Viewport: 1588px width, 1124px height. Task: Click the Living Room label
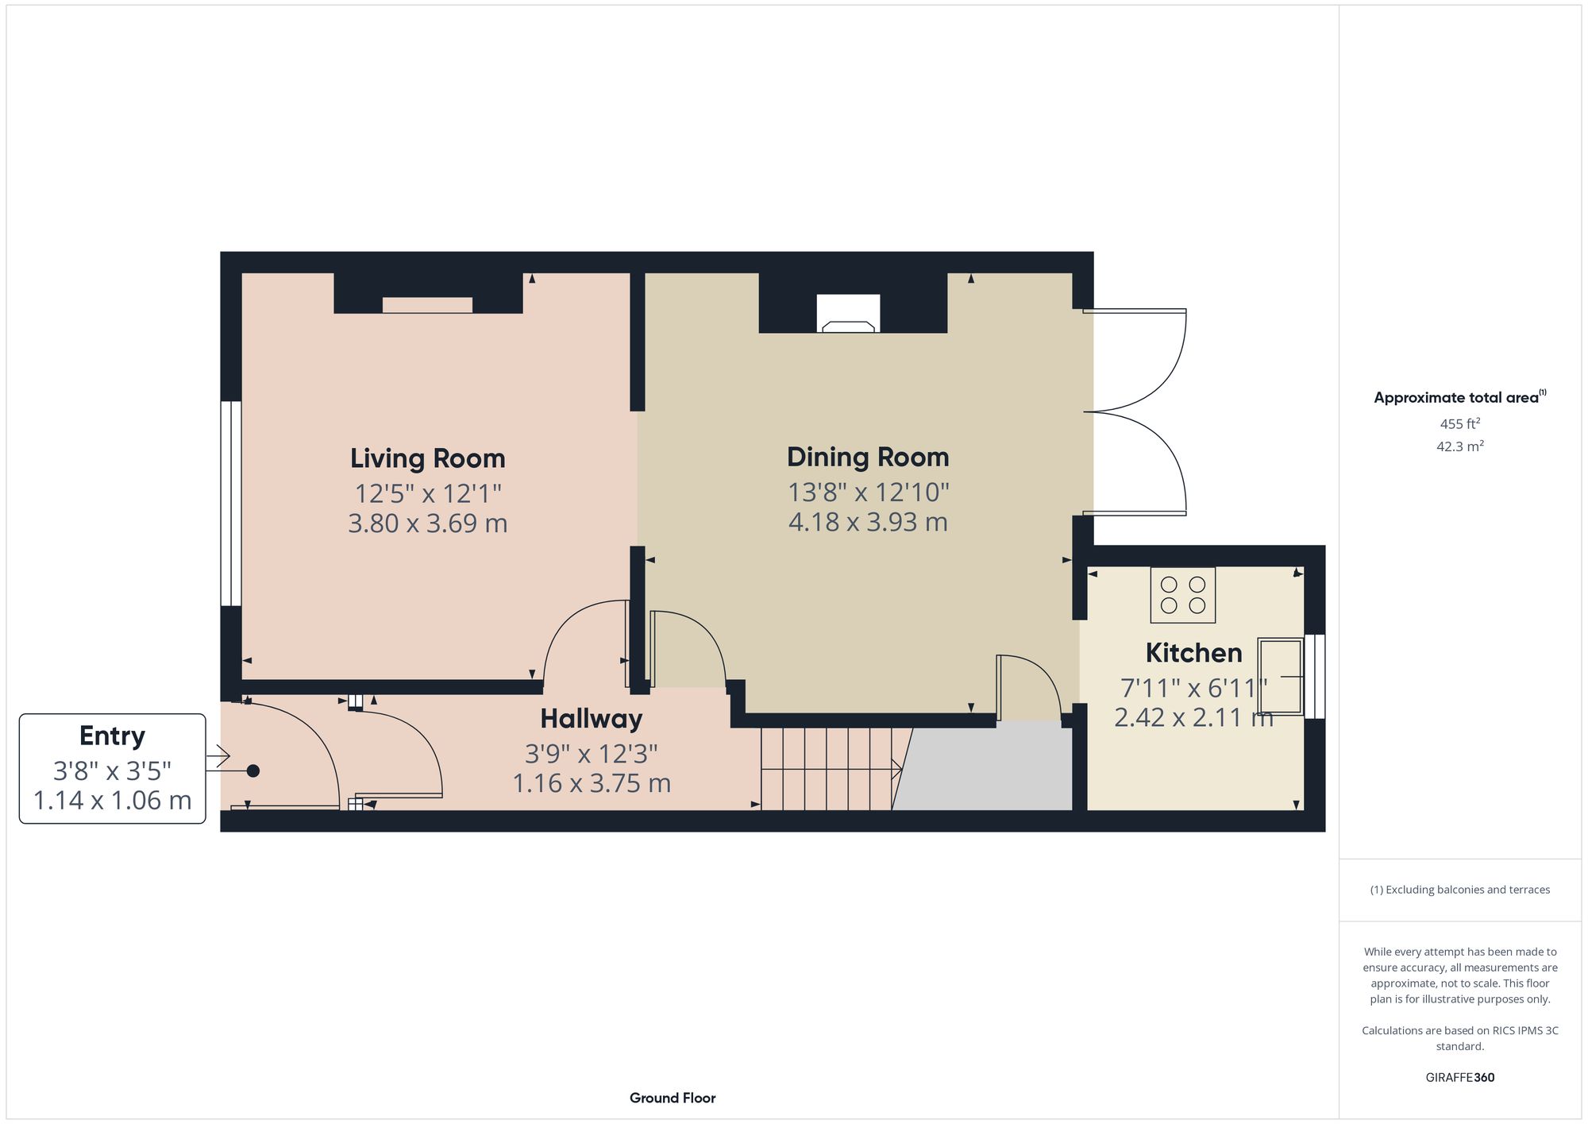(427, 458)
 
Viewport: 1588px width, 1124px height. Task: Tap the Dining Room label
(867, 457)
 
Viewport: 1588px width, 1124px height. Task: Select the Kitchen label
(1193, 653)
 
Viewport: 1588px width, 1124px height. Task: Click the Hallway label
(591, 719)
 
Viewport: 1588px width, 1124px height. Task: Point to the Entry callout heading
(112, 736)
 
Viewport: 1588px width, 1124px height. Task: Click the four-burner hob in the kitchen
(1182, 595)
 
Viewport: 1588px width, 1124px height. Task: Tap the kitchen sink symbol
(1280, 676)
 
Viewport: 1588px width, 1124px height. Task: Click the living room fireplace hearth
(427, 305)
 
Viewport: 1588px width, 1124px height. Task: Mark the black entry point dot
(252, 771)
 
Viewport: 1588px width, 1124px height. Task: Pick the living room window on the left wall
(230, 504)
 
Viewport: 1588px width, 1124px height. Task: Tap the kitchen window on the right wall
(1315, 676)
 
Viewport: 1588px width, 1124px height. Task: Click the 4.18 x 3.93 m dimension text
(867, 523)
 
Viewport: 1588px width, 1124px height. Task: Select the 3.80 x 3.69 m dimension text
(427, 523)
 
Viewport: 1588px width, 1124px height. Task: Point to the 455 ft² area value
(1459, 424)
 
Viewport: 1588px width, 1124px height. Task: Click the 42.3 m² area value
(1459, 446)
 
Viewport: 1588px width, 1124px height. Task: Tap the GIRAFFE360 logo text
(1459, 1078)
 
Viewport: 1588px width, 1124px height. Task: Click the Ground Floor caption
(672, 1098)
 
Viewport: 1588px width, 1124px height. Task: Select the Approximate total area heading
(1459, 398)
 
